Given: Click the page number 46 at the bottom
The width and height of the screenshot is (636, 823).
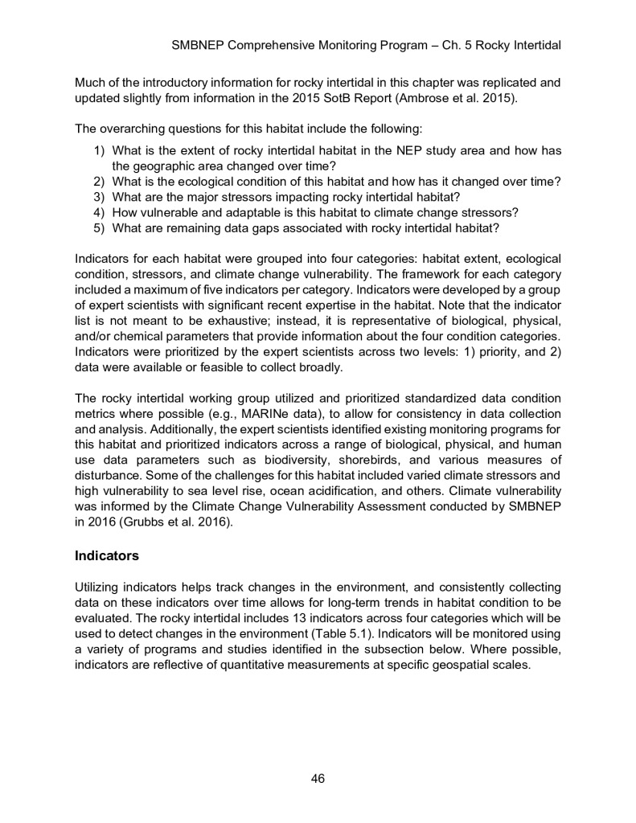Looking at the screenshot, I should click(318, 777).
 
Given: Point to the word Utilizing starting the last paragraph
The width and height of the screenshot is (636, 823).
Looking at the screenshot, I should click(98, 589).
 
